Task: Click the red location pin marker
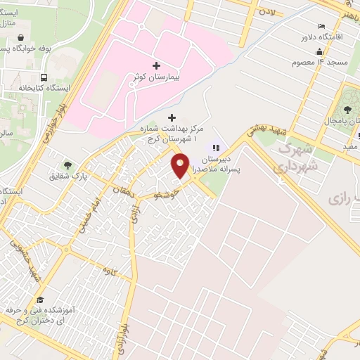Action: tap(181, 165)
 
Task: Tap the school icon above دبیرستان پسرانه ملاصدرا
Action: tap(217, 148)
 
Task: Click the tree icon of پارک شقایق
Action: tap(67, 164)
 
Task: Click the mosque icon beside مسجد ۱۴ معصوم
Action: tap(320, 51)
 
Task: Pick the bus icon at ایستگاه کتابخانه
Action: tap(44, 77)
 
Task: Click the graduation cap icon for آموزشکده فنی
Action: tap(39, 300)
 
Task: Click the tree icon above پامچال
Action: tap(349, 109)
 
